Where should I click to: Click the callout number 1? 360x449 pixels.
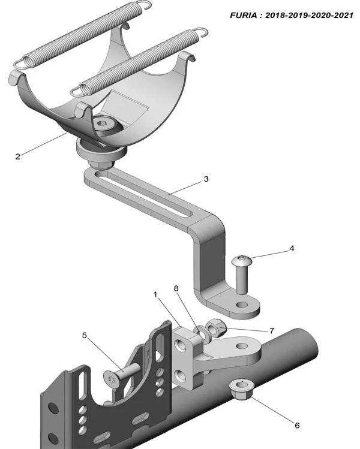[x=155, y=295]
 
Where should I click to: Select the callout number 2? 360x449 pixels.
[x=18, y=157]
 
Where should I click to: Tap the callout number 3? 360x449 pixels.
[x=206, y=179]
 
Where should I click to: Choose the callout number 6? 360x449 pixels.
[x=296, y=425]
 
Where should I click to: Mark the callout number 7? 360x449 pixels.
[x=271, y=331]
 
